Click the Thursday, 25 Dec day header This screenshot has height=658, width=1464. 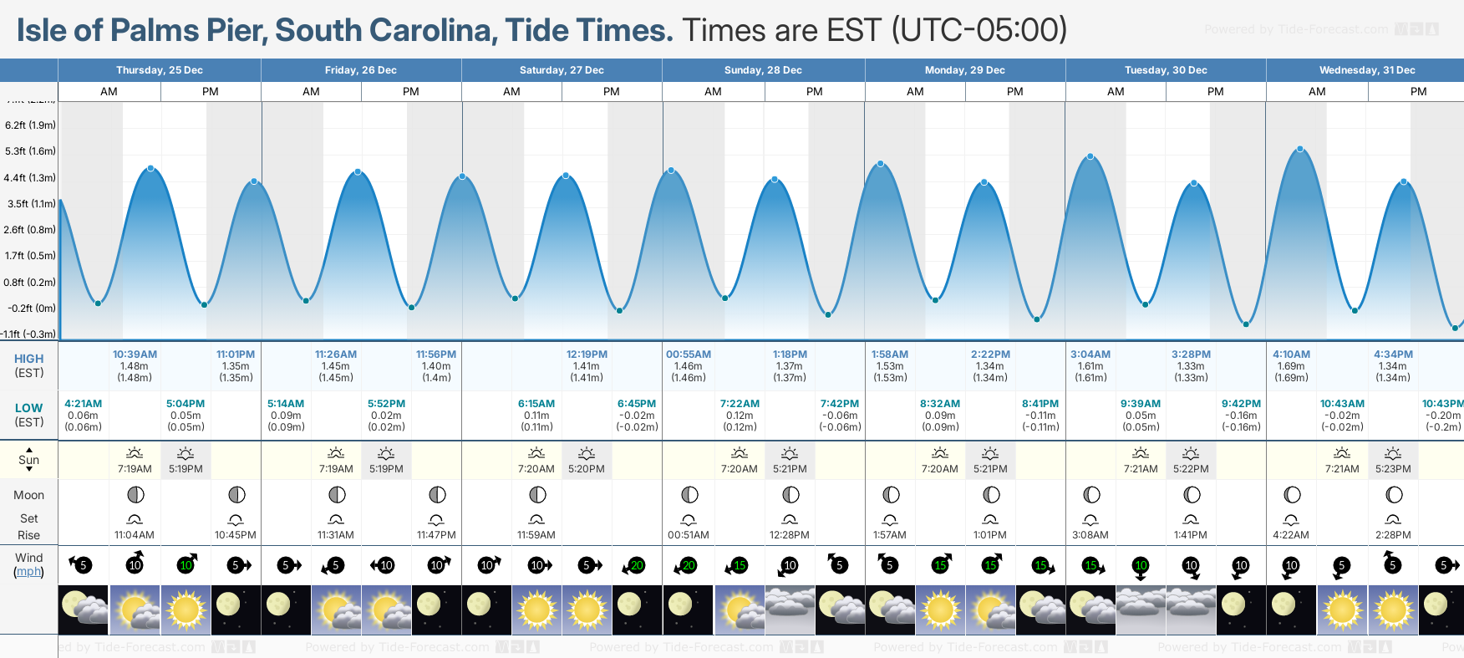(x=159, y=70)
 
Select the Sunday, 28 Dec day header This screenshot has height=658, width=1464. (x=763, y=70)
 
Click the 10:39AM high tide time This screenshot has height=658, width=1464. (x=135, y=355)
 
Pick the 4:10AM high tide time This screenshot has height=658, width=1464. (x=1291, y=355)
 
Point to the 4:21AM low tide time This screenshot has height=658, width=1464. (x=83, y=404)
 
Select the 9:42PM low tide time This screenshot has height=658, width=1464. (x=1241, y=404)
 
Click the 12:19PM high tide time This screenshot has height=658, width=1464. (x=587, y=355)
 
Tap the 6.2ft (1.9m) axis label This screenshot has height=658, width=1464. (x=30, y=125)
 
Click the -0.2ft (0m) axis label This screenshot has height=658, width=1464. (x=32, y=309)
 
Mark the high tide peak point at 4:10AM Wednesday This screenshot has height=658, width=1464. (x=1300, y=150)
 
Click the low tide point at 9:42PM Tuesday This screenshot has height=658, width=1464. (x=1246, y=324)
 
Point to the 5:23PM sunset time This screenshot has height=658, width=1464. (x=1393, y=469)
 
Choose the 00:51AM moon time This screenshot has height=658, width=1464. (x=689, y=535)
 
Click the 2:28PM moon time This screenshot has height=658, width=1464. (x=1393, y=535)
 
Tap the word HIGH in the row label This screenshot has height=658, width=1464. (x=28, y=359)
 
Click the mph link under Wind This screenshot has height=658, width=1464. (x=28, y=572)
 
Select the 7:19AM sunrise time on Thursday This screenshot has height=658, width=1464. (x=135, y=469)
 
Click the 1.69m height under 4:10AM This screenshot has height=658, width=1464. (x=1291, y=366)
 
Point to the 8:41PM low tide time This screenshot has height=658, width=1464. (x=1040, y=404)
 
